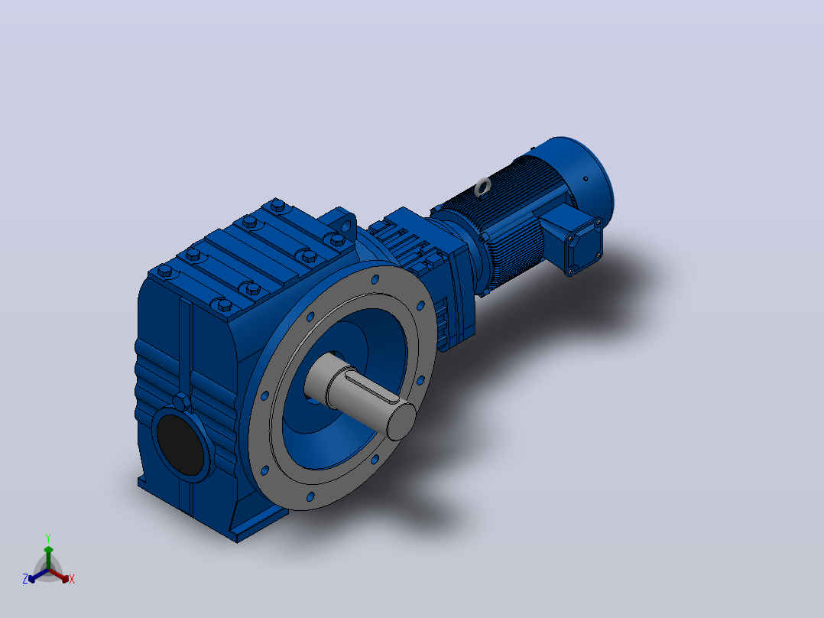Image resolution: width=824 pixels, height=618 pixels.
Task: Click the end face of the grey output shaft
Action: [x=401, y=421]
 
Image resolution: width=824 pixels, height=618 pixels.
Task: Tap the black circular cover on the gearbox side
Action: [x=180, y=444]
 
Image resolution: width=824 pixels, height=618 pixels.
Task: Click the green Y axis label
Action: [x=48, y=538]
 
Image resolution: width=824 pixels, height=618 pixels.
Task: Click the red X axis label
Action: [x=72, y=579]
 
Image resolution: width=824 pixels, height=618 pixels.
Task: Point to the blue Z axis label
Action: [x=24, y=579]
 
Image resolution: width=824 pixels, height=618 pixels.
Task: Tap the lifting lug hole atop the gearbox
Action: [x=345, y=226]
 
